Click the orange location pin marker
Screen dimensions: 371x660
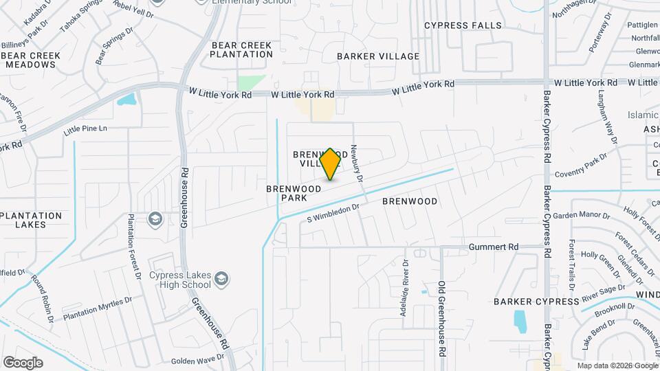pyautogui.click(x=331, y=164)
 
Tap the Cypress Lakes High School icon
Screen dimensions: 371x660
pyautogui.click(x=221, y=279)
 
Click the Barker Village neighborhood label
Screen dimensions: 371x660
pyautogui.click(x=378, y=56)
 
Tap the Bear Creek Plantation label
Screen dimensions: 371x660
pyautogui.click(x=242, y=49)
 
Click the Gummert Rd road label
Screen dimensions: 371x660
pyautogui.click(x=494, y=247)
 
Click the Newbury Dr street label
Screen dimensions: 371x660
pyautogui.click(x=357, y=164)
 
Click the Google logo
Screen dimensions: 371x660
pyautogui.click(x=23, y=362)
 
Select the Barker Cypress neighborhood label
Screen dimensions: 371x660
pyautogui.click(x=536, y=302)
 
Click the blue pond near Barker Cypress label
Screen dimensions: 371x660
pyautogui.click(x=520, y=320)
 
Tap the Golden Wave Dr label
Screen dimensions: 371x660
pyautogui.click(x=197, y=360)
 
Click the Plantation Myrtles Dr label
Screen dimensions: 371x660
pyautogui.click(x=97, y=309)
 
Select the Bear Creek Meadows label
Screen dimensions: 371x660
pyautogui.click(x=30, y=60)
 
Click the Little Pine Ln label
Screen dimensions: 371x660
pyautogui.click(x=85, y=128)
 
